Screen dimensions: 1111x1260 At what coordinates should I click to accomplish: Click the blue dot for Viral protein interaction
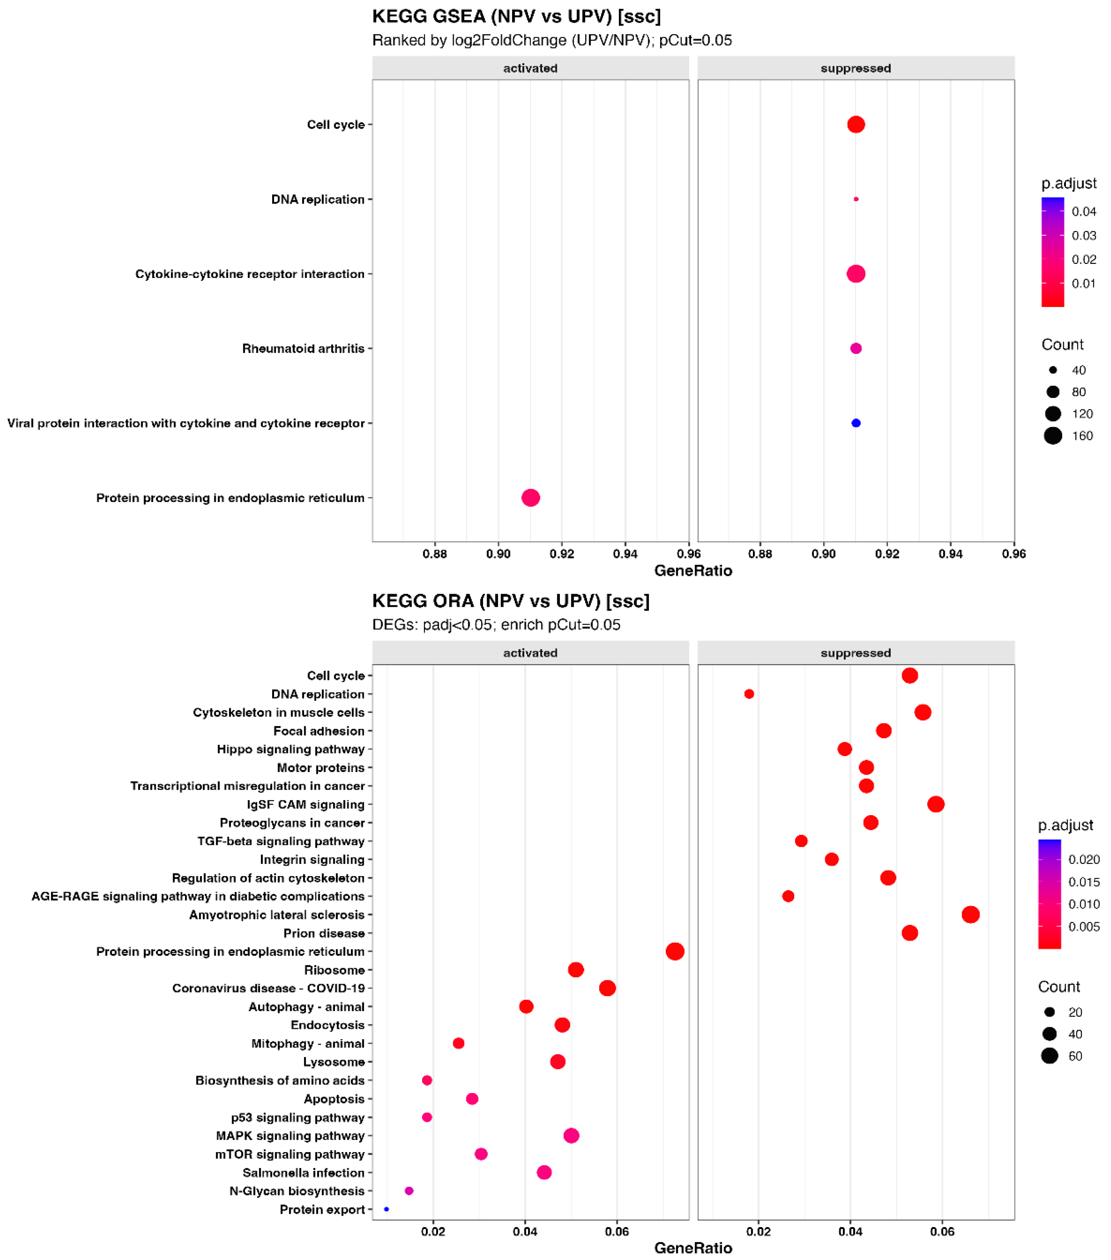coord(856,423)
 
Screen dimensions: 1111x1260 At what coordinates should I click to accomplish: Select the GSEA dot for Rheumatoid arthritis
coord(856,348)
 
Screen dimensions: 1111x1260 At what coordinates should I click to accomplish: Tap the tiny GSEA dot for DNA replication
coord(856,199)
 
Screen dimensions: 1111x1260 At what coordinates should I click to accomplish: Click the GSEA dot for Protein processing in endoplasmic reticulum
coord(531,497)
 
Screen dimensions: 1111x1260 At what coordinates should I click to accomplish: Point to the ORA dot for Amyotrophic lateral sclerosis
coord(971,914)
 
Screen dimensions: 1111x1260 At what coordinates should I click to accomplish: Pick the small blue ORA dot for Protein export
coord(386,1209)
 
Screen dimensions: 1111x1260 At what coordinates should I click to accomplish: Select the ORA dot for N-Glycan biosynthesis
coord(409,1190)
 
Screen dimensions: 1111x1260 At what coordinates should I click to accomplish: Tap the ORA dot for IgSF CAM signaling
coord(935,804)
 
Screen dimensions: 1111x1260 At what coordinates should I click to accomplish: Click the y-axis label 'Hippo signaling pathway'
coord(290,749)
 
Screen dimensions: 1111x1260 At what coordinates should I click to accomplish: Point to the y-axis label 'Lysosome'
coord(334,1062)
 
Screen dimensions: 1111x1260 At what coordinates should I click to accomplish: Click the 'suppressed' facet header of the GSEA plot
coord(856,68)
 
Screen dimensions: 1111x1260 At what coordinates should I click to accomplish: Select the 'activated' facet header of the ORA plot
coord(531,653)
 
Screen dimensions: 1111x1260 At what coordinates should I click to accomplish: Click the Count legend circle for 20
coord(1049,1012)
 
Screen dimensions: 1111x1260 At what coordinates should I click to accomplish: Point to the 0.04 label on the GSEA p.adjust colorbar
coord(1084,211)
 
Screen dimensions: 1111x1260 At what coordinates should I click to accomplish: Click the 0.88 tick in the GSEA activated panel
coord(435,554)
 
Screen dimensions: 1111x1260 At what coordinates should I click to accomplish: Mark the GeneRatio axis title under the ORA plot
coord(693,1248)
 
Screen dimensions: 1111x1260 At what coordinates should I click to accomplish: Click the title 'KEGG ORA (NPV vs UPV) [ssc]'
coord(511,601)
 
